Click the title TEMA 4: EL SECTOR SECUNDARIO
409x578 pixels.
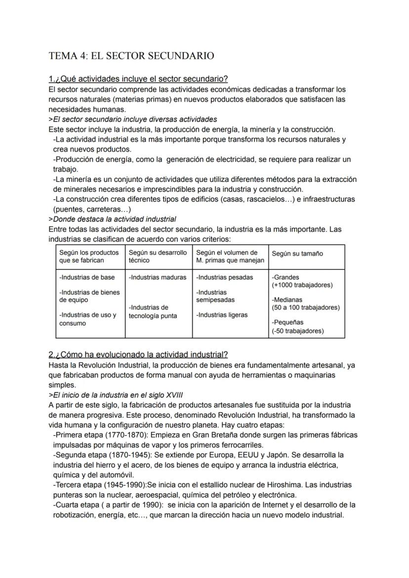coord(131,56)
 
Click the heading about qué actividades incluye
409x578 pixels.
coord(138,79)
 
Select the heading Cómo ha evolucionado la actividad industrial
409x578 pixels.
coord(138,355)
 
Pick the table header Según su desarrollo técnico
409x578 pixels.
coord(158,256)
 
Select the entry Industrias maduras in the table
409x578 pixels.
coord(158,277)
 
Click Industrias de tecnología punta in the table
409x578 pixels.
coord(153,312)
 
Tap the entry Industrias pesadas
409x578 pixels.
coord(224,277)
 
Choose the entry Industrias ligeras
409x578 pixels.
coord(222,315)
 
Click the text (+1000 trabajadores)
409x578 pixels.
coord(302,285)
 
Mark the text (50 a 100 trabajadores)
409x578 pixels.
coord(305,308)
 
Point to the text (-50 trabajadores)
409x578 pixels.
coord(297,331)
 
